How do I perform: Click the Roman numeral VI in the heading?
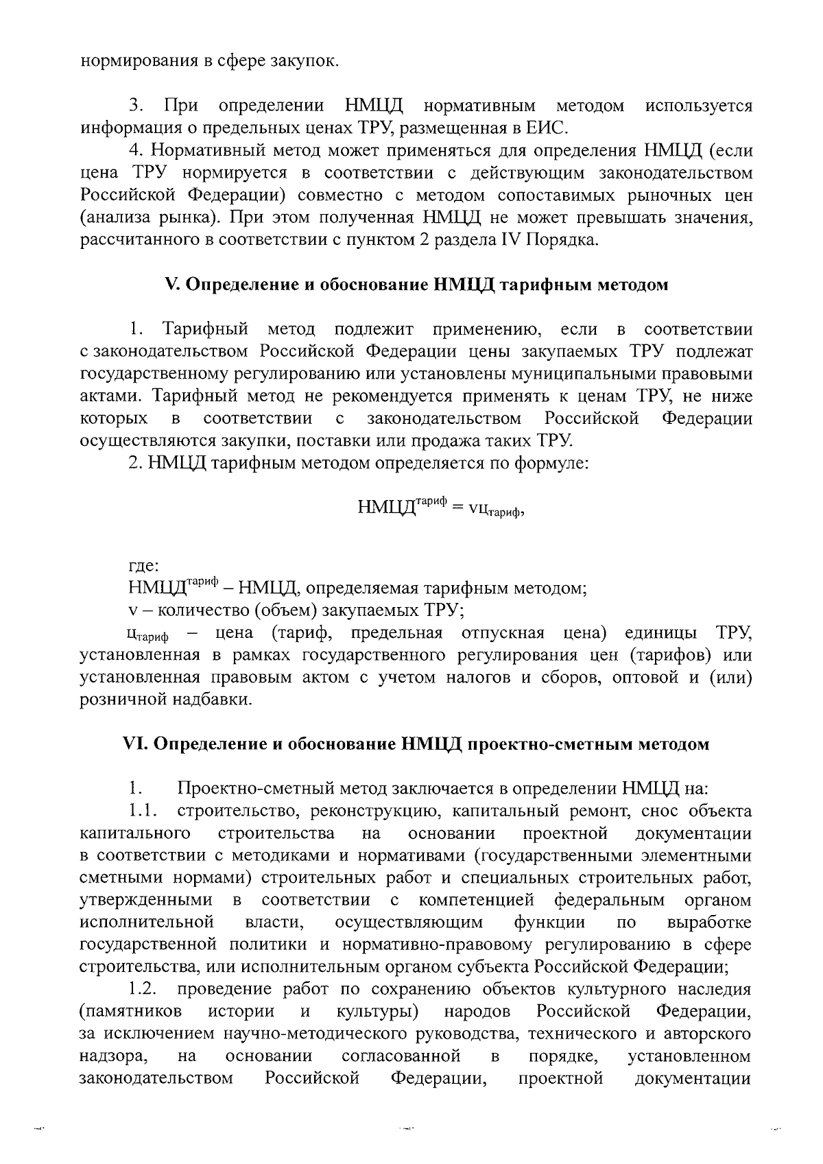[x=131, y=744]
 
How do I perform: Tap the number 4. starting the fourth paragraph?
[x=135, y=151]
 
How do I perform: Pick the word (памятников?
[x=131, y=1012]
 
